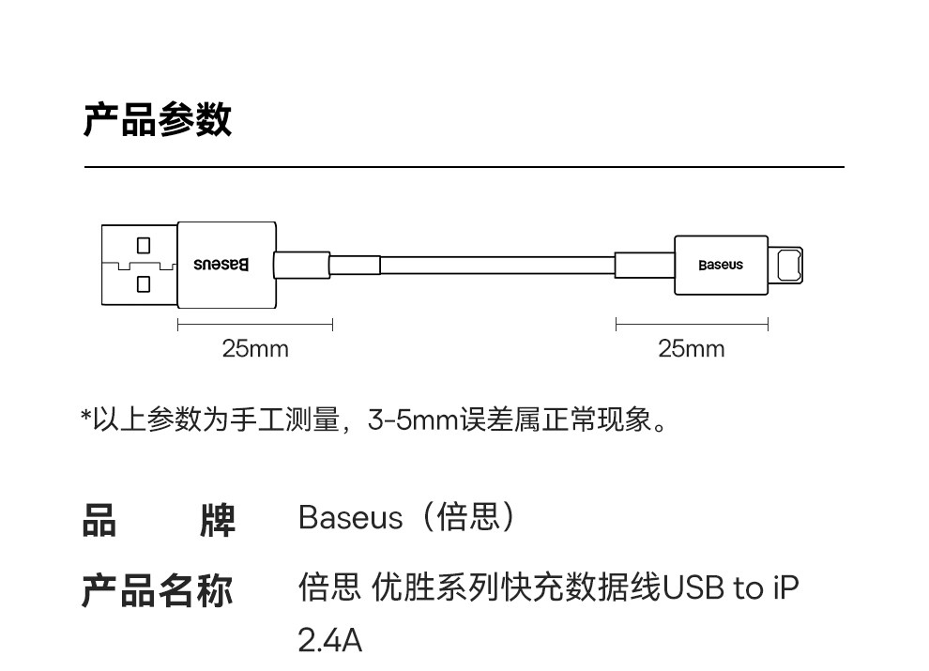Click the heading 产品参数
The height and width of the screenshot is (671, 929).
click(x=157, y=121)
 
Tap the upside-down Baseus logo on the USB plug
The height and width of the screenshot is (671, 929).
click(x=221, y=265)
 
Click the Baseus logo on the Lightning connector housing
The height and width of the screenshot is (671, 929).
click(x=720, y=265)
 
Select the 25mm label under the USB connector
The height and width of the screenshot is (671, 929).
click(x=255, y=349)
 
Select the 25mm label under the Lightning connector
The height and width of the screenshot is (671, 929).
click(x=692, y=349)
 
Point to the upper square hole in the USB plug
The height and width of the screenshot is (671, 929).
click(x=144, y=246)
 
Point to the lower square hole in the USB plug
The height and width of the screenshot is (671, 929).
click(x=144, y=282)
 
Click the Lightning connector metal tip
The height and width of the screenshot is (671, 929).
click(x=787, y=265)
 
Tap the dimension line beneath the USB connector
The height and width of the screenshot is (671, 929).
click(x=255, y=325)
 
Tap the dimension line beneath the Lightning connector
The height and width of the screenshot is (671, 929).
click(x=692, y=325)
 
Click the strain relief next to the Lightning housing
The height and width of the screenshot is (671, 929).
click(x=644, y=265)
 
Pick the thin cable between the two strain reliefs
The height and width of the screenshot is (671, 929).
click(x=497, y=265)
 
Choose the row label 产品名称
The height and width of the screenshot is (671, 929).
click(x=157, y=590)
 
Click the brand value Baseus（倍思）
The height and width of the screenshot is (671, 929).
click(x=406, y=517)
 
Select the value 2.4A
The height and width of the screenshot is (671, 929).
click(x=329, y=641)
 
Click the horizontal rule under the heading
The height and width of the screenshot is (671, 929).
click(x=464, y=167)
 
